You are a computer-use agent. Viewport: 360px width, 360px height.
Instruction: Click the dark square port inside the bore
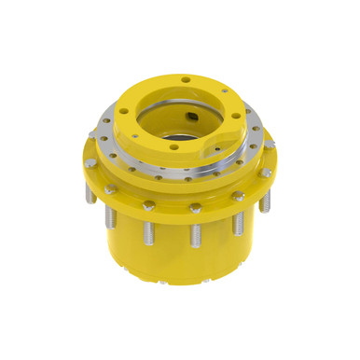(x=192, y=118)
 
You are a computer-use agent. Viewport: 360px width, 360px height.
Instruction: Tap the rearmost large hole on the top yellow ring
(x=187, y=79)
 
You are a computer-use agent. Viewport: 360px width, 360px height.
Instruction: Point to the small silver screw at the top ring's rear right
(x=224, y=91)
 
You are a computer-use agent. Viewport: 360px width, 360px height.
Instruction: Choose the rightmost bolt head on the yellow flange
(x=268, y=173)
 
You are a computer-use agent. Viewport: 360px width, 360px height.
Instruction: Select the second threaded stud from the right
(x=238, y=221)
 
